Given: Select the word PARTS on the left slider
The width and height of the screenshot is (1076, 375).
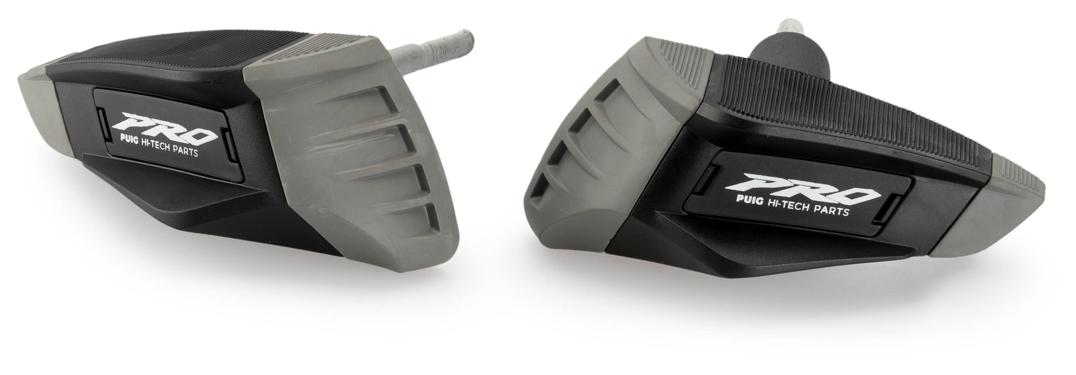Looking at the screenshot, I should coord(184,153).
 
